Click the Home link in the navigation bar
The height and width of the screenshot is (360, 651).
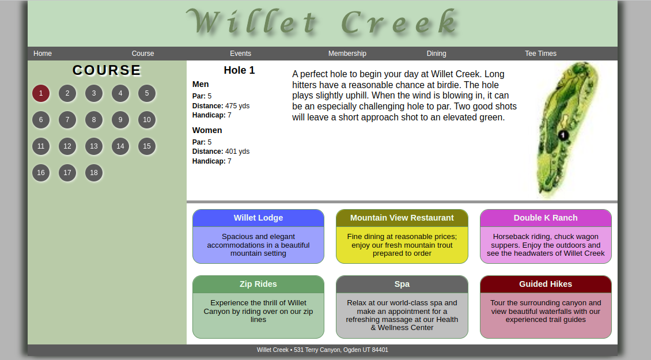tap(43, 54)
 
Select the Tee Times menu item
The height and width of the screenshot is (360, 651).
tap(540, 54)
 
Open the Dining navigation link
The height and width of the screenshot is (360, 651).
tap(436, 54)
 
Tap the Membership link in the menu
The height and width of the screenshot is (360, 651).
tap(347, 54)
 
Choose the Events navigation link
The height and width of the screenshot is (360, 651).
tap(240, 54)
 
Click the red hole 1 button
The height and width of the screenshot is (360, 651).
tap(41, 93)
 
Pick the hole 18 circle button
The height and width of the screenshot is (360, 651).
tap(94, 173)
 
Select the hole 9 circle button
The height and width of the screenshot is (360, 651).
tap(120, 120)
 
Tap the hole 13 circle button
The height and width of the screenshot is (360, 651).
tap(94, 146)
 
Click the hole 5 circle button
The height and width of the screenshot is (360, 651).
tap(147, 93)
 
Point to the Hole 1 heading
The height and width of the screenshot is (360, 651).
tap(239, 70)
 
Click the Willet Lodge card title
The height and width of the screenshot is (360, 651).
tap(258, 218)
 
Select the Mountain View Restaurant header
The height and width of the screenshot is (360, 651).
tap(402, 218)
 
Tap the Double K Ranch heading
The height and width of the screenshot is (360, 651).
tap(546, 218)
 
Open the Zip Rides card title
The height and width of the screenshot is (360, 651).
tap(258, 284)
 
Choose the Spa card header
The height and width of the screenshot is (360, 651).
tap(402, 284)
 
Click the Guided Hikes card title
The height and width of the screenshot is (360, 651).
tap(546, 284)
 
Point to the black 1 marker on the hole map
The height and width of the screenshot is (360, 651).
tap(563, 135)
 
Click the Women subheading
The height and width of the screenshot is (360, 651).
tap(207, 130)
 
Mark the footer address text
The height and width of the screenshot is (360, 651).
tap(323, 350)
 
